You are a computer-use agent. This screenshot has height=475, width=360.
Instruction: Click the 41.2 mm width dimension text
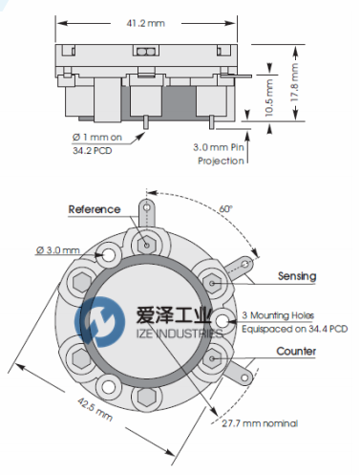point(146,23)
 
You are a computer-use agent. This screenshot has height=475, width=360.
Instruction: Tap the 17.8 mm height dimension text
point(295,82)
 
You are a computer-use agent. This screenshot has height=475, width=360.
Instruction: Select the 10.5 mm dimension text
point(269,97)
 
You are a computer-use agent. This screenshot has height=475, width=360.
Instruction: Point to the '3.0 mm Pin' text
point(219,147)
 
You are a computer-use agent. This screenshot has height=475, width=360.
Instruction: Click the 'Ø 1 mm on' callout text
point(97,138)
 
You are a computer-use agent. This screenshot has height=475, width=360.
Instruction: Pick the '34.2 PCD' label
point(93,150)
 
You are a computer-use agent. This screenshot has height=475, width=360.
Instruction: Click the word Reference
point(95,209)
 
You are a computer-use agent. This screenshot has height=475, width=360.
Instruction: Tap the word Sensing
point(297,276)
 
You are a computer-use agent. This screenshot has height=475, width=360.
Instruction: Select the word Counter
point(296,351)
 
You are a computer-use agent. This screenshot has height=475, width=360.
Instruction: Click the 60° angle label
point(225,209)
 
